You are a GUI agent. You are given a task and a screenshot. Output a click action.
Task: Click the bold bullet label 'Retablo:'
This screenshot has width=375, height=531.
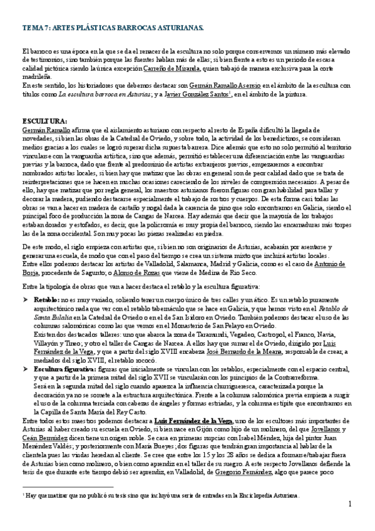(x=47, y=300)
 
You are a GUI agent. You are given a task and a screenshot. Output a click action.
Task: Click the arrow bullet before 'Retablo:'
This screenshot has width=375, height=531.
(x=25, y=300)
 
